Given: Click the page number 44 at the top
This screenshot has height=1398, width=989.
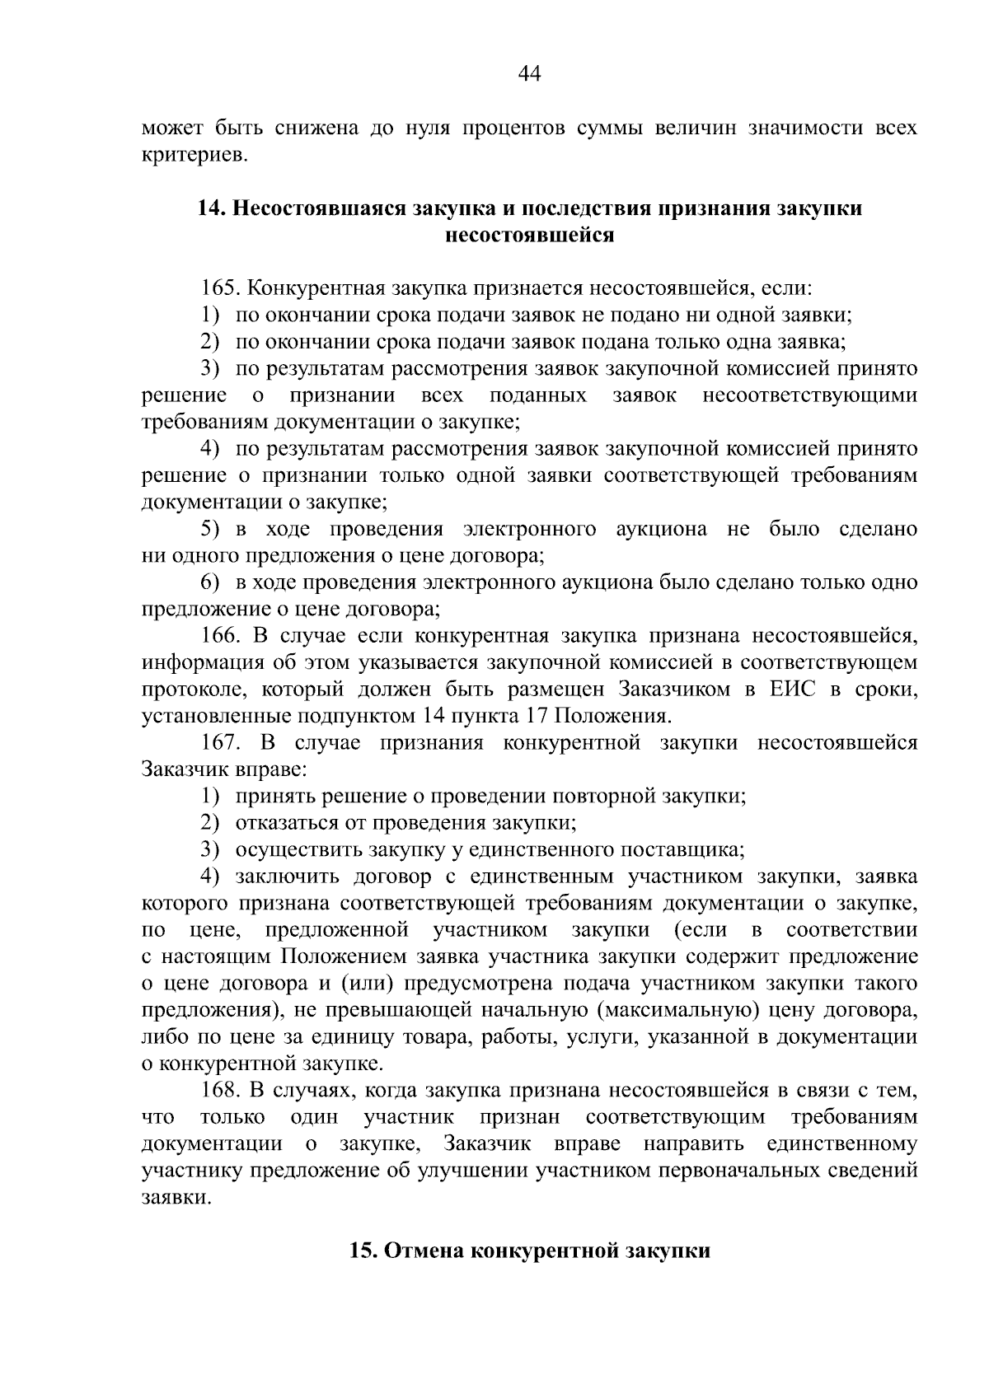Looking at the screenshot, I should tap(529, 74).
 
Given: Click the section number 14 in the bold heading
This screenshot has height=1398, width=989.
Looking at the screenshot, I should tap(211, 208).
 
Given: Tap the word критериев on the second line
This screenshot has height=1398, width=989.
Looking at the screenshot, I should tap(195, 155).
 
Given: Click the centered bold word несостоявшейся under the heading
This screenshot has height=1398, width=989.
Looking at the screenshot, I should tap(529, 235).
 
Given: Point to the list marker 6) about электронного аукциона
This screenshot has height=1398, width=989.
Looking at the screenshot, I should tap(211, 582).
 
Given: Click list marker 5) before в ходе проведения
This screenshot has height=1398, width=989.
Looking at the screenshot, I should tap(211, 529).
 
